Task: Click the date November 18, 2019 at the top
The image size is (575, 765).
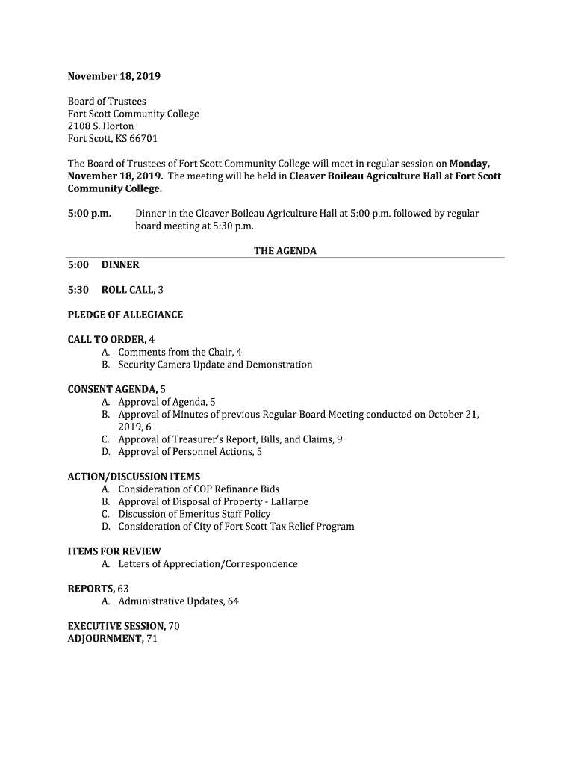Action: [x=114, y=76]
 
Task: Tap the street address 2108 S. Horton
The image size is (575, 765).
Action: [x=101, y=126]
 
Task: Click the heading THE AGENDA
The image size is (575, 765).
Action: [x=285, y=251]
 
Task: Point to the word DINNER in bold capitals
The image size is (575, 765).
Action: [x=120, y=264]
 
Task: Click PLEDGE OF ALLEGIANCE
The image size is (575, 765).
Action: [x=125, y=315]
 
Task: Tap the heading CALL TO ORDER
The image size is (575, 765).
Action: [x=107, y=339]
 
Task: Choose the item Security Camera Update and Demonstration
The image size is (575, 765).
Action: [x=215, y=365]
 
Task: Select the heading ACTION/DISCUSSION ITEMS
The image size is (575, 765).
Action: [x=134, y=477]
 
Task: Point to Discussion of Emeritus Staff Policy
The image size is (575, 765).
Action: [x=194, y=514]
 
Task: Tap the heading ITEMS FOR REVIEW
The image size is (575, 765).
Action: [x=114, y=551]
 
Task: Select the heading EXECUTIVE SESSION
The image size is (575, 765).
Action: [x=116, y=626]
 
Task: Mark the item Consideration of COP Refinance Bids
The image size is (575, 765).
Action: [x=199, y=489]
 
